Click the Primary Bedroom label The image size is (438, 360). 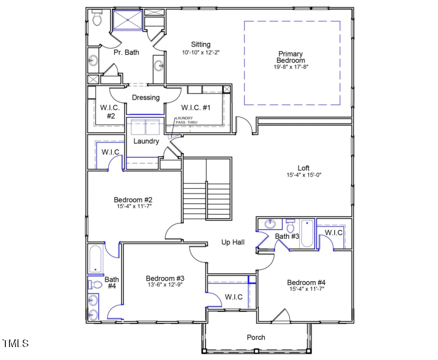point(291,57)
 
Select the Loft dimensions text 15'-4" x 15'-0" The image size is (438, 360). point(304,175)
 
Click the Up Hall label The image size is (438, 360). point(233,242)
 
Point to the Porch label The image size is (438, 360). point(256,337)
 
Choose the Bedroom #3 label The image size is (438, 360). point(165,278)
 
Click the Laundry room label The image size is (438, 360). point(146,141)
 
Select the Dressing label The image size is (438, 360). point(146,98)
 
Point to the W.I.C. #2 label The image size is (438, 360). point(111,112)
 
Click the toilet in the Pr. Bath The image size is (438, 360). point(97,19)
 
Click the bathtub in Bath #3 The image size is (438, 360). point(307,233)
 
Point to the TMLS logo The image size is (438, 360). point(15,343)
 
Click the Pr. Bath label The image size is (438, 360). point(126,52)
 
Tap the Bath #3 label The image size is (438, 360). point(287,236)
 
